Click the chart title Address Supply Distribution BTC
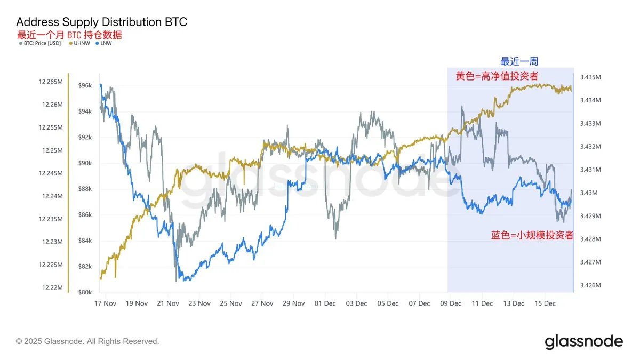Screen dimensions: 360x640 click(101, 22)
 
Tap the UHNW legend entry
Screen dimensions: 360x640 click(81, 43)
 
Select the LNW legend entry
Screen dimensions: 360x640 click(105, 43)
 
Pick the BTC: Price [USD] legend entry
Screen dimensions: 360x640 click(39, 43)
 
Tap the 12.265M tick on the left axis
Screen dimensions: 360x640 click(51, 82)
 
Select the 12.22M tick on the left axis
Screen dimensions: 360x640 click(53, 288)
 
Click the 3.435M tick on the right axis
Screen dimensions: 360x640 click(590, 77)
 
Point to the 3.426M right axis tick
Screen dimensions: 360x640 click(590, 285)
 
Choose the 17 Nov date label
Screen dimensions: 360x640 click(105, 303)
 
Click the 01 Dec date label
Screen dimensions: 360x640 click(325, 303)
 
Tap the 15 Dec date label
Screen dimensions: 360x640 click(545, 303)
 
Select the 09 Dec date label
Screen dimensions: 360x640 click(451, 303)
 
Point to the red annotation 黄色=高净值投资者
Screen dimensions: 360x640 click(497, 76)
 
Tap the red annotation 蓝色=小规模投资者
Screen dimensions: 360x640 click(532, 235)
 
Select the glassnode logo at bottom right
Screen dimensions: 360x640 click(583, 341)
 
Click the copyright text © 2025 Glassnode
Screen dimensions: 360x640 click(87, 341)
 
